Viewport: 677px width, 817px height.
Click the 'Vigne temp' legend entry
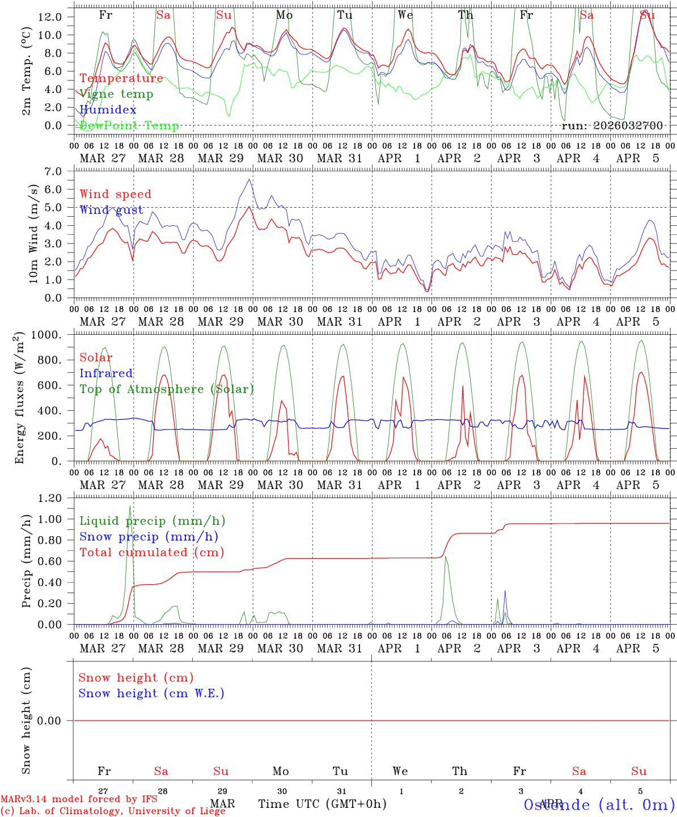(x=116, y=94)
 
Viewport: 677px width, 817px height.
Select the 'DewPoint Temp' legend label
(x=129, y=126)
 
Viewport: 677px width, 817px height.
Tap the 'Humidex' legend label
(x=108, y=110)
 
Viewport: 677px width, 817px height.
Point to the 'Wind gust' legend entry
(x=111, y=210)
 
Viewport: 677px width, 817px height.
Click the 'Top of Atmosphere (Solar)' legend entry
(x=166, y=389)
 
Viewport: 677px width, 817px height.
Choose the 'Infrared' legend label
(x=106, y=373)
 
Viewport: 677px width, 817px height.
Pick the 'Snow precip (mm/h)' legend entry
(x=149, y=537)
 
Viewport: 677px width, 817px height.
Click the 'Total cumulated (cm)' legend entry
(x=151, y=553)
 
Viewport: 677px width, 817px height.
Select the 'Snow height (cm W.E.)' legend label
(x=151, y=693)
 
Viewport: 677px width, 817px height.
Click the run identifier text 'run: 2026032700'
(x=612, y=126)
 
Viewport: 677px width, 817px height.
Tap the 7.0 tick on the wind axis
(x=54, y=171)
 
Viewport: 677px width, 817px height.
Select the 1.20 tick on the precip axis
(x=49, y=498)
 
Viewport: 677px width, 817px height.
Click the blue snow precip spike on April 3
(x=505, y=591)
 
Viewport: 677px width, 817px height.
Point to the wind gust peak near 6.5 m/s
(x=249, y=180)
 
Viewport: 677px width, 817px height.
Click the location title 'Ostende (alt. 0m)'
(x=599, y=805)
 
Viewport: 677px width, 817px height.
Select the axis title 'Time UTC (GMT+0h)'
(x=322, y=804)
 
